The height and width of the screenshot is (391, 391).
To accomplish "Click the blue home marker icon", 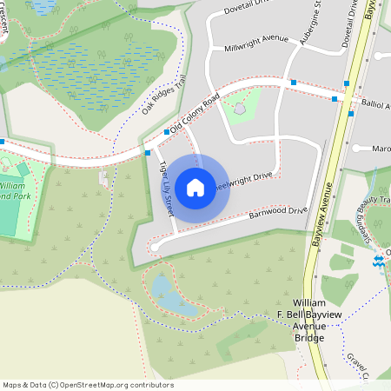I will [x=195, y=187].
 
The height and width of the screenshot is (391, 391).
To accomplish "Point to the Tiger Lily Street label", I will [x=165, y=188].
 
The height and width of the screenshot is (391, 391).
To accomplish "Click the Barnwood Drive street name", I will [x=278, y=212].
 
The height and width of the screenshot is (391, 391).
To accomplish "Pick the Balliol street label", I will [x=373, y=105].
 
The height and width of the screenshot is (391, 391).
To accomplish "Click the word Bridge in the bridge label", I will [x=309, y=337].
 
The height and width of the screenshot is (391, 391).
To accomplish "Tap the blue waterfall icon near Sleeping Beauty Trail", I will [x=378, y=260].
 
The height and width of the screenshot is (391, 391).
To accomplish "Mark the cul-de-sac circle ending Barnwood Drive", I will [x=155, y=248].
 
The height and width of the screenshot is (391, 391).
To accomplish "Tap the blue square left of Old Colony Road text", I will [x=167, y=132].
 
